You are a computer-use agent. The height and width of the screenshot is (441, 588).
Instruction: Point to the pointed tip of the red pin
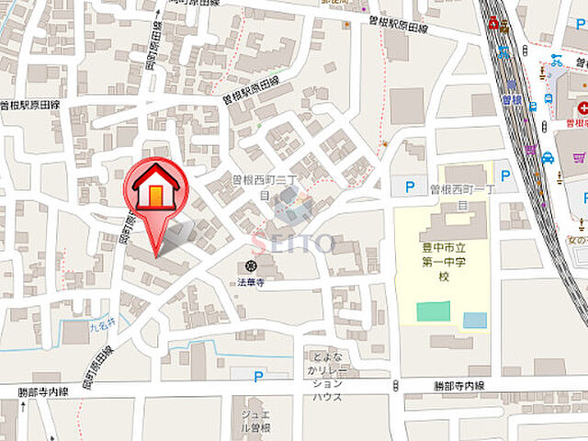tap(156, 254)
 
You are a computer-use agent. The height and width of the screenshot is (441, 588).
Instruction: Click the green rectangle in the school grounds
tap(433, 311)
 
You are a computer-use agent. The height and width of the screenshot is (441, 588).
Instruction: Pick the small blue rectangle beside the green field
tap(475, 320)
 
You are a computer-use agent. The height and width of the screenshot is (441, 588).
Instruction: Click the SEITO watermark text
tap(294, 243)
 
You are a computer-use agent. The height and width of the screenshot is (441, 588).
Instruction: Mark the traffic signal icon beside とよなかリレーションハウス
tap(394, 385)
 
